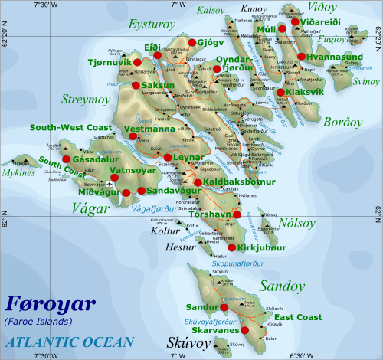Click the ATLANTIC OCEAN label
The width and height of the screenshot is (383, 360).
(x=68, y=342)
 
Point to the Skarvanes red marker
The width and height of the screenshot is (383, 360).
(x=245, y=330)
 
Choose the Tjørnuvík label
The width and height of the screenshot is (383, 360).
(x=110, y=61)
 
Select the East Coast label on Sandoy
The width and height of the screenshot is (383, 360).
(x=299, y=317)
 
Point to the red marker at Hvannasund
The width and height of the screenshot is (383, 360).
(x=302, y=56)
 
